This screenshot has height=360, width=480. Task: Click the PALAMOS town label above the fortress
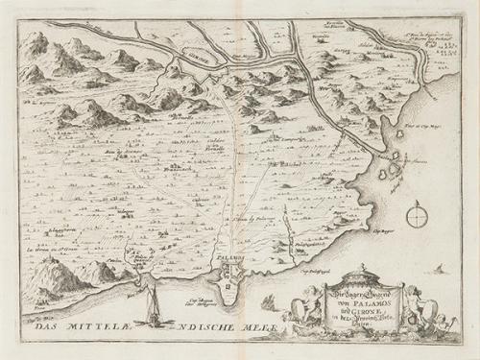pos(229,261)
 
